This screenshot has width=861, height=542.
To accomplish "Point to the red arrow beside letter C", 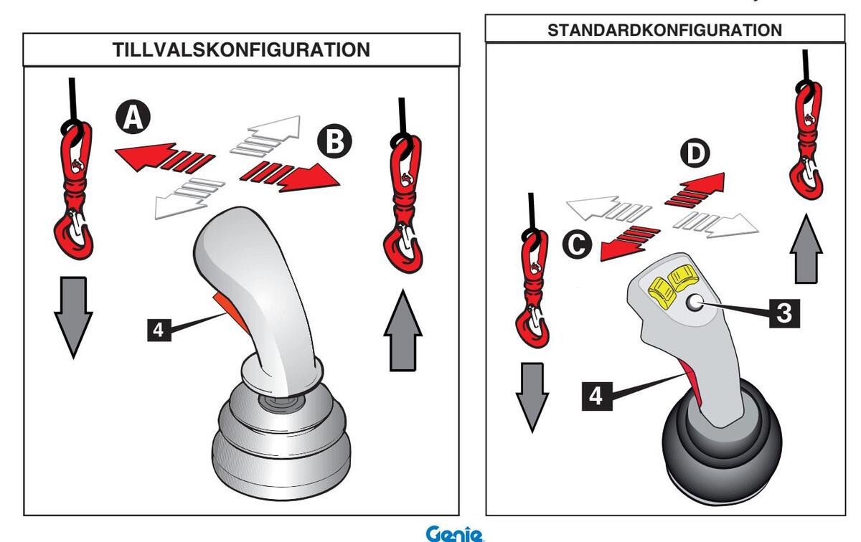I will [629, 241].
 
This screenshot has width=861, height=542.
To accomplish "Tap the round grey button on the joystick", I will [694, 305].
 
